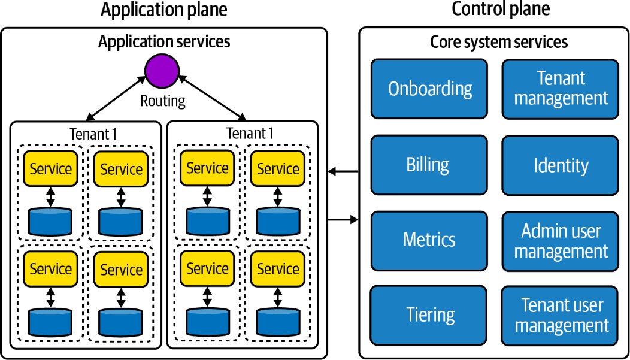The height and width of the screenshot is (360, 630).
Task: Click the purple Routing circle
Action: (x=162, y=69)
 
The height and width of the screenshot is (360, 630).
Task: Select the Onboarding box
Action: (x=429, y=89)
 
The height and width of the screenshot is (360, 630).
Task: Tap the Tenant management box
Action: (x=560, y=89)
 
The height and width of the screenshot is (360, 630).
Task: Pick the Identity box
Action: (x=560, y=165)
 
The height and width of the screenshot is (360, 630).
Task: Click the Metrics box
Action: (x=429, y=240)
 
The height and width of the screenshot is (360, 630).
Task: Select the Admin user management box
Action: (x=560, y=240)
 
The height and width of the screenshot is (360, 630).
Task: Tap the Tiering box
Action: (x=429, y=315)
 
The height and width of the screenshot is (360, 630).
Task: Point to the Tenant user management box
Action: (x=560, y=315)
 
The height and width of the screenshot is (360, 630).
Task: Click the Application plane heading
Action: (x=163, y=10)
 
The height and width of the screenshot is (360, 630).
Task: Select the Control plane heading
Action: (x=500, y=10)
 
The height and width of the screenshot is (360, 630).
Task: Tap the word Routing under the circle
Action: (x=162, y=101)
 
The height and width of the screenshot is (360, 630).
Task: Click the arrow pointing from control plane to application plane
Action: (x=343, y=173)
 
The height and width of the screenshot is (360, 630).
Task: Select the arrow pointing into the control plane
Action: (x=343, y=220)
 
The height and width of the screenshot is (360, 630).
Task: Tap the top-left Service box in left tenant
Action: (x=50, y=169)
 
